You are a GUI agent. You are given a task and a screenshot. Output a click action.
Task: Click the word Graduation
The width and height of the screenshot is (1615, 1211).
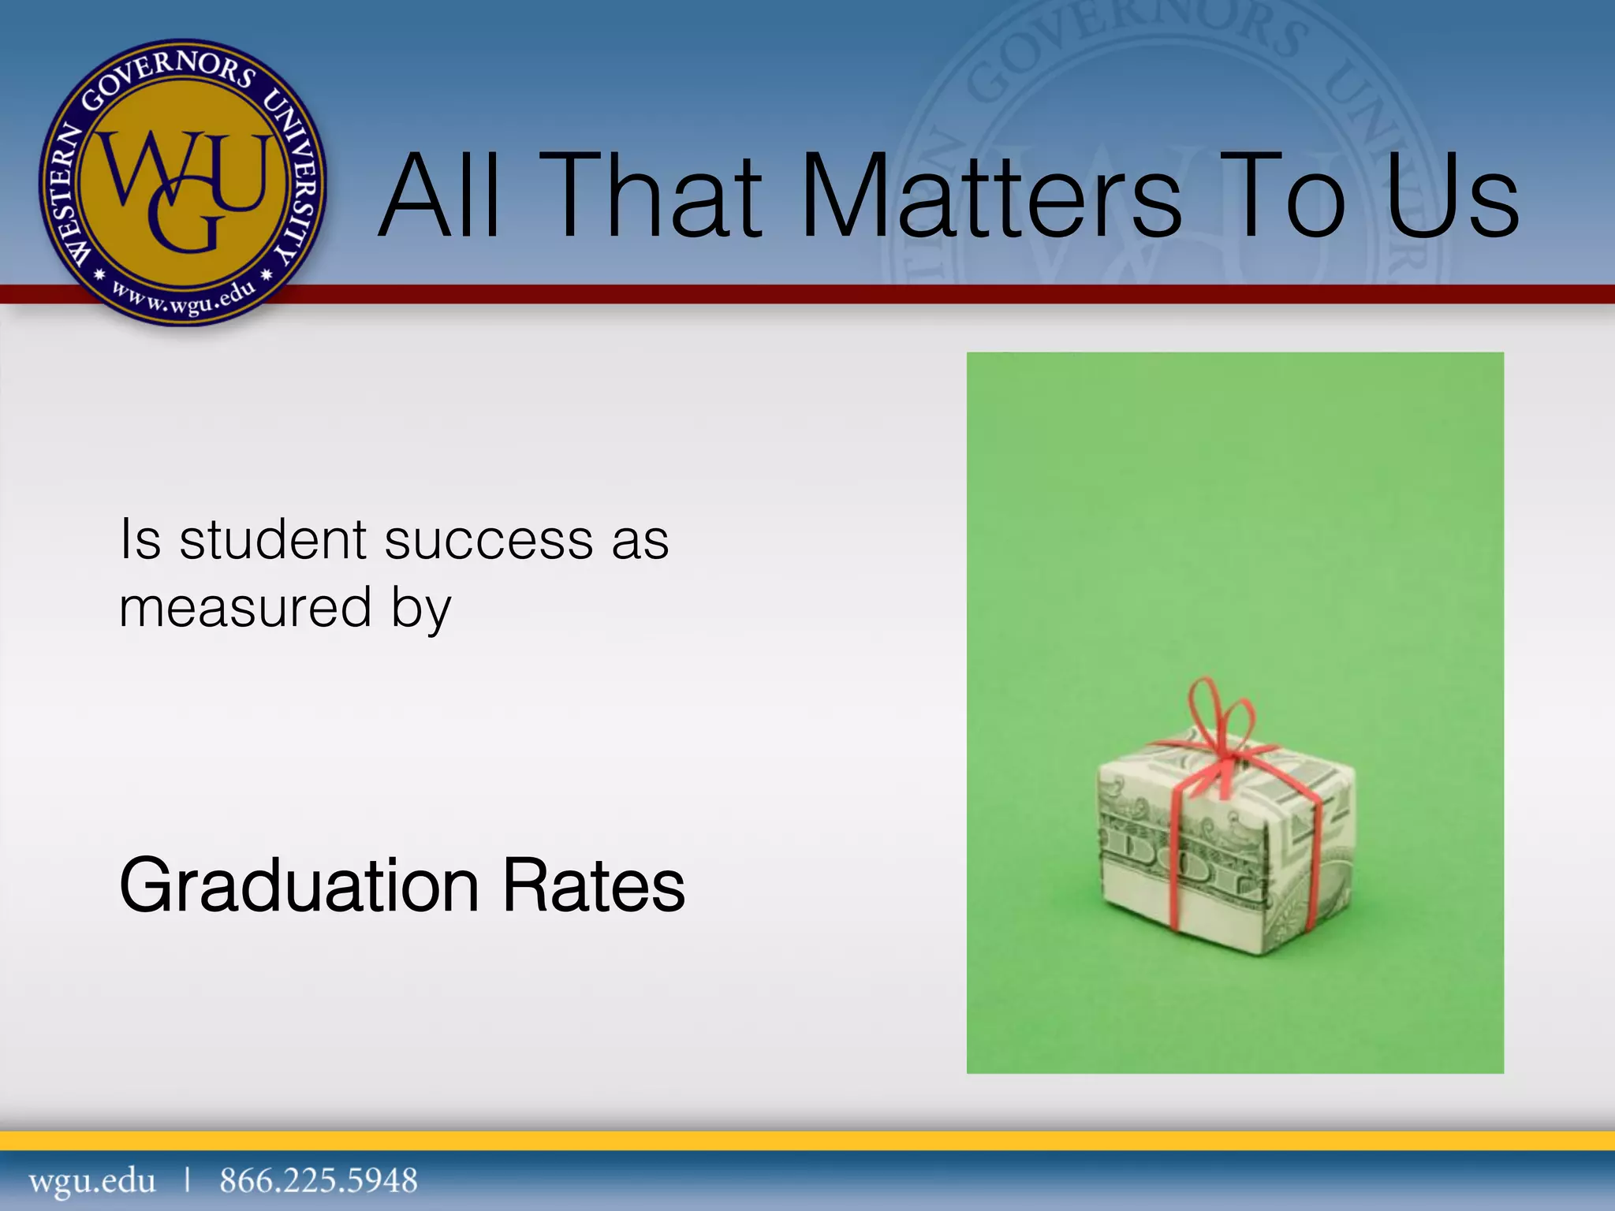coord(299,887)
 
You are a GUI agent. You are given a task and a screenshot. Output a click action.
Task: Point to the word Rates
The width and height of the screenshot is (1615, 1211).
coord(594,887)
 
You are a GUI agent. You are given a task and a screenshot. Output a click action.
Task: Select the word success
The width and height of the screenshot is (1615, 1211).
coord(489,541)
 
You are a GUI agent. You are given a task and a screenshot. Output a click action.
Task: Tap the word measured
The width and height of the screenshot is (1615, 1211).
coord(245,608)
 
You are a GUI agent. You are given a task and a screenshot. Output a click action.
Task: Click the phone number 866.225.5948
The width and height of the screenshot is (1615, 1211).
coord(319,1181)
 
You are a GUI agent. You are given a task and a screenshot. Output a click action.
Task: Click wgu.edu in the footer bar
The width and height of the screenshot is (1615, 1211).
coord(92,1181)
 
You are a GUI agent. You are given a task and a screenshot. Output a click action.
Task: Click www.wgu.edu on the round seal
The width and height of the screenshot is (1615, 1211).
coord(183,298)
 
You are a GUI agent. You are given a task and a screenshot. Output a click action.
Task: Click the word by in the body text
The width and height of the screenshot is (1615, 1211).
coord(421,609)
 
